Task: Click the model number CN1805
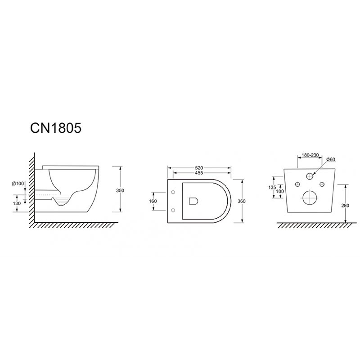[56, 128]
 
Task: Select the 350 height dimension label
[120, 190]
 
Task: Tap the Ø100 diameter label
[18, 184]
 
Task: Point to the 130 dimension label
[17, 203]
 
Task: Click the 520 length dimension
[199, 168]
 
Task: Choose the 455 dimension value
[199, 173]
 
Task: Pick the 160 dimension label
[153, 201]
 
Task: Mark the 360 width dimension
[241, 201]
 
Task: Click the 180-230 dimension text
[310, 155]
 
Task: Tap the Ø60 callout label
[331, 159]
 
